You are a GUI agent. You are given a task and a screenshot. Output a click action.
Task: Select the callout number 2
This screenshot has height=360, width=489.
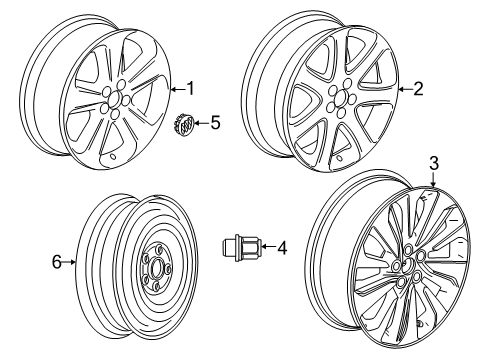click(418, 89)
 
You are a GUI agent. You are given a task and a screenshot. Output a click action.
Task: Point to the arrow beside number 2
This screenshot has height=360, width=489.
click(404, 89)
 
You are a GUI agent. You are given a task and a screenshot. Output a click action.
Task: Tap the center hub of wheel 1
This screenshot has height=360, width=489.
click(116, 97)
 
